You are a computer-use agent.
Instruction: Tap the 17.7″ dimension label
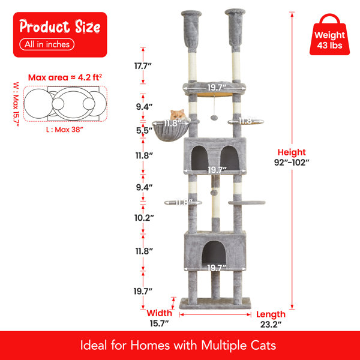click(143, 66)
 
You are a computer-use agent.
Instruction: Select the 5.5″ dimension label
click(144, 130)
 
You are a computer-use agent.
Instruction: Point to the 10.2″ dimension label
click(144, 218)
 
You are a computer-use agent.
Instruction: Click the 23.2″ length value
click(271, 325)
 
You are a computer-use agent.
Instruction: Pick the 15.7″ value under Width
click(159, 323)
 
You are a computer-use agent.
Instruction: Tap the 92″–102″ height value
click(292, 163)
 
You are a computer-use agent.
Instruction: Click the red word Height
click(292, 152)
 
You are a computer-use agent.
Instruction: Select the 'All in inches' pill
click(47, 44)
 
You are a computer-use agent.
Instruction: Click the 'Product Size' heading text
click(60, 26)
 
